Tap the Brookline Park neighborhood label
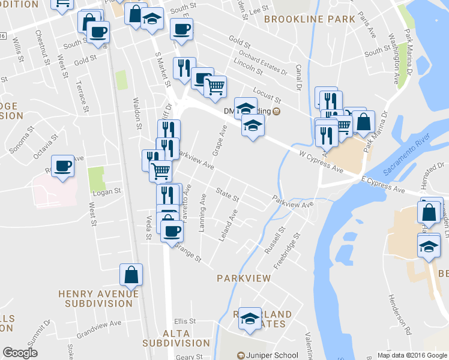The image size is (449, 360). click(310, 19)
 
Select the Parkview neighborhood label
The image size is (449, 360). click(244, 278)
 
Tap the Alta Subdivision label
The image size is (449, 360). click(176, 338)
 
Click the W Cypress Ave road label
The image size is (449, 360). click(321, 163)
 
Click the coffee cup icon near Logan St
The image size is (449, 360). click(62, 166)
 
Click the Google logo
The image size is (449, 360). click(20, 353)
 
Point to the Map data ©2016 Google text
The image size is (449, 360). click(412, 355)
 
